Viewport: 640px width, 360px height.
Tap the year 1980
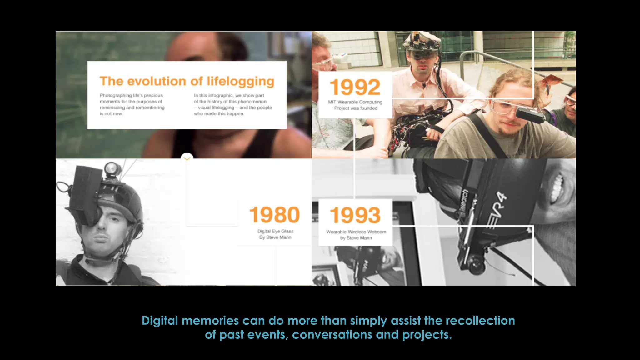coord(274,215)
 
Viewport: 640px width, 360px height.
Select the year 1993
coord(355,215)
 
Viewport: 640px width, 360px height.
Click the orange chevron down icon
coord(187,158)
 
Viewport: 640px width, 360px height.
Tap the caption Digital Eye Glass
coord(275,231)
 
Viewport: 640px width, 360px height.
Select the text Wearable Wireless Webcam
coord(356,232)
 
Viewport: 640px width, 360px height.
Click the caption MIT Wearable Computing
coord(355,102)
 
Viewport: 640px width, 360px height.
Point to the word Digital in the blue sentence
coord(160,321)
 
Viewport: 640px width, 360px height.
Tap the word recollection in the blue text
coord(480,321)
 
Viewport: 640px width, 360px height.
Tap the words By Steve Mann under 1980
coord(275,237)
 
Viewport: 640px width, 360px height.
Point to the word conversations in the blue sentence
coord(332,335)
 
